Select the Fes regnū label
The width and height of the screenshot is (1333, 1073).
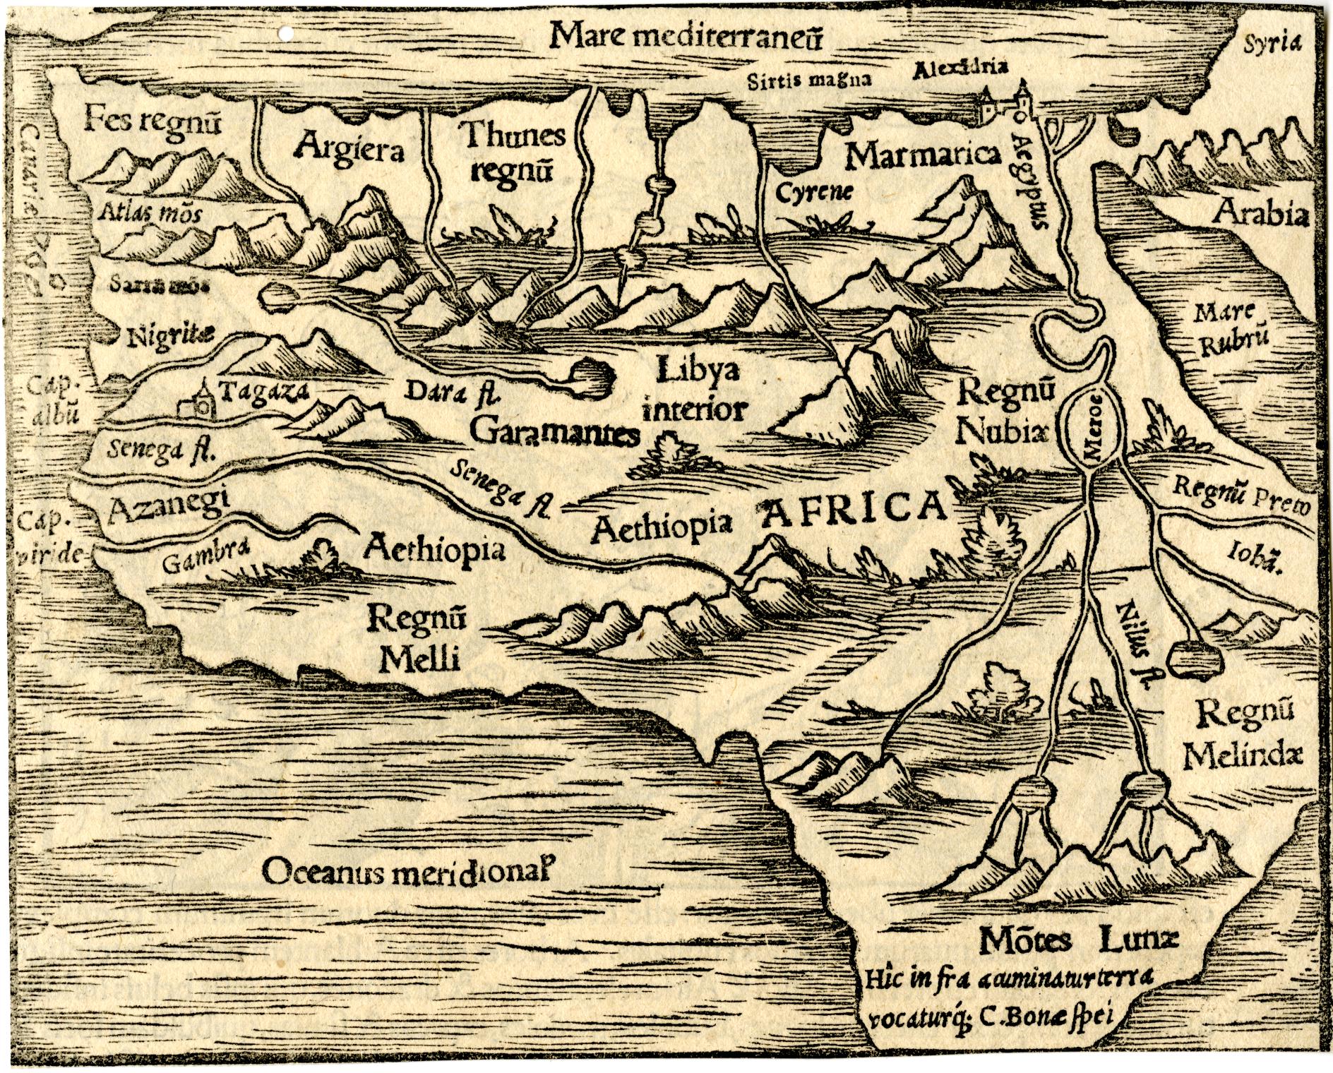click(153, 122)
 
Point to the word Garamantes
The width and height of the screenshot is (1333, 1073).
click(554, 433)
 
